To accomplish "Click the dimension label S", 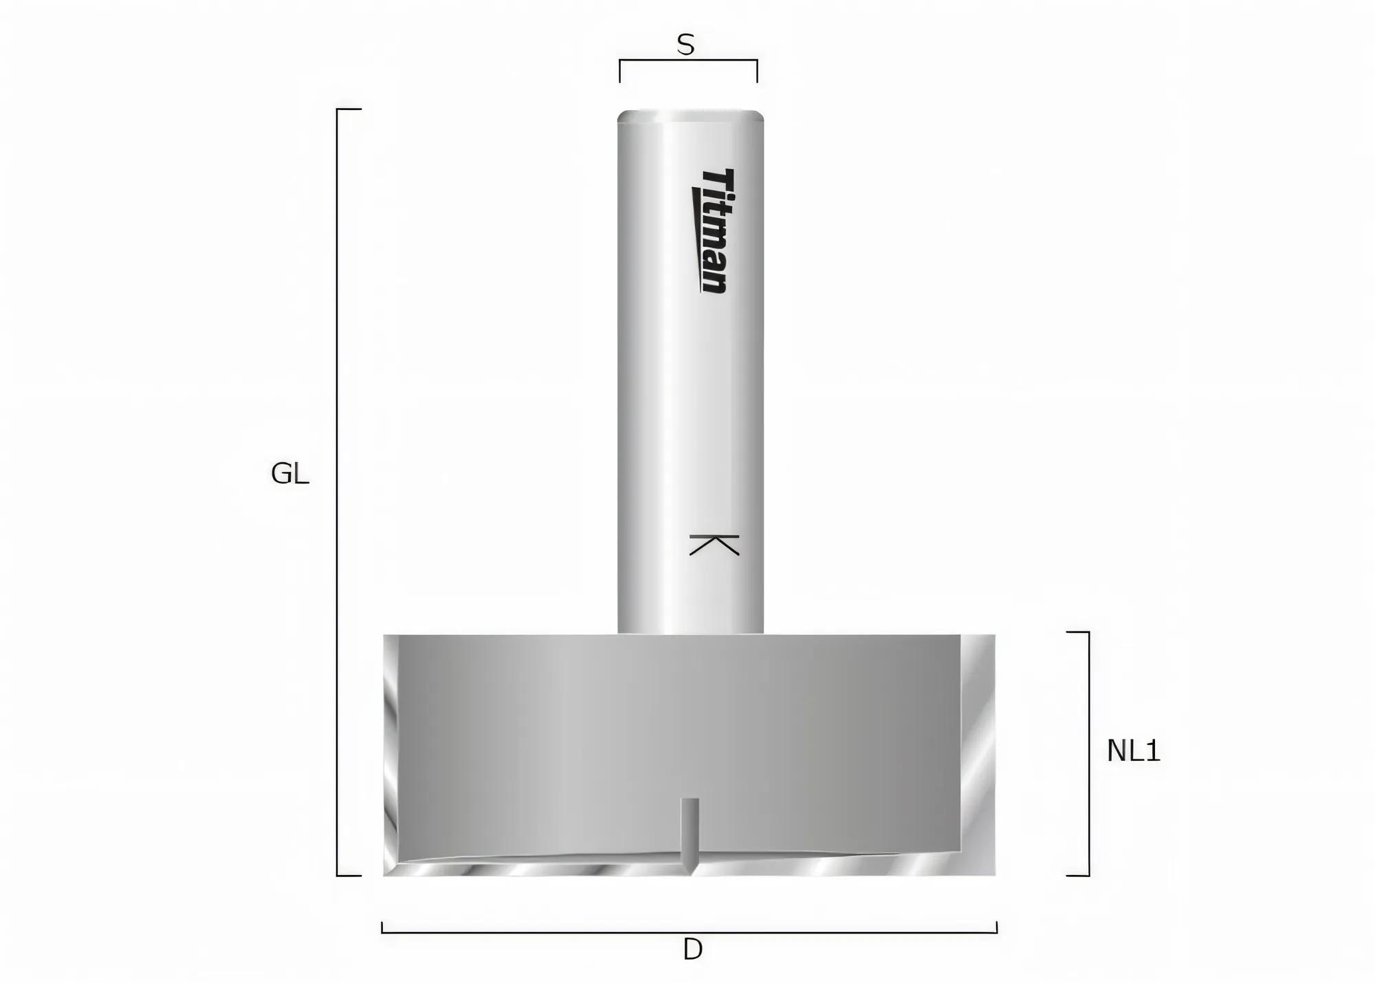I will point(685,45).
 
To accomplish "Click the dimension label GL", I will point(289,474).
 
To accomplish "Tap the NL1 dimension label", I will point(1133,751).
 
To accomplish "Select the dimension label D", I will point(692,950).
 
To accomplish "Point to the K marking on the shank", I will point(714,544).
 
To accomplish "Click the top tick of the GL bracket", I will point(349,109).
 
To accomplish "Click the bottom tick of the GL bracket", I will point(349,876).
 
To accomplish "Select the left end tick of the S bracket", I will point(620,71).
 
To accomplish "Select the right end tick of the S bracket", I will point(757,71).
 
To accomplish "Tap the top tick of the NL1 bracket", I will point(1078,632).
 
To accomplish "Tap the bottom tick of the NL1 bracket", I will point(1078,876).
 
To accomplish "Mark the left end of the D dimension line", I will point(382,928).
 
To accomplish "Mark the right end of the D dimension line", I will point(996,928).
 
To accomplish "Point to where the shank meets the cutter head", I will point(690,634).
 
